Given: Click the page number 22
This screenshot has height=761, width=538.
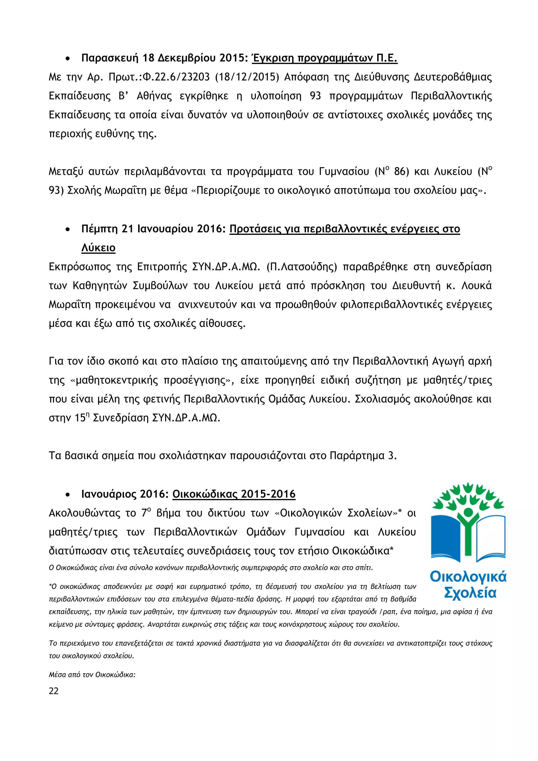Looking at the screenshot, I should [54, 691].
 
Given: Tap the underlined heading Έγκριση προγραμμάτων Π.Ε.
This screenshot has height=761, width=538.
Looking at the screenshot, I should [325, 58].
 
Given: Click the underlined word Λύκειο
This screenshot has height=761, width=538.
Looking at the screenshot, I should [99, 248].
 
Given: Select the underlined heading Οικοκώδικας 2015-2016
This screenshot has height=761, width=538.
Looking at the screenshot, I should [234, 494].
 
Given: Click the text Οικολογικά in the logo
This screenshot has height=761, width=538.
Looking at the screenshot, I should [468, 577].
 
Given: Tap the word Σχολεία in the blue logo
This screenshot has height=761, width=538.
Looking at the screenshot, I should [470, 593].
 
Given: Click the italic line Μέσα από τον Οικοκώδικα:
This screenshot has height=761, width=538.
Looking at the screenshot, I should [92, 675].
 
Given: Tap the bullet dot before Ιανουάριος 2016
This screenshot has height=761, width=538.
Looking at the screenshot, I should [68, 495].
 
